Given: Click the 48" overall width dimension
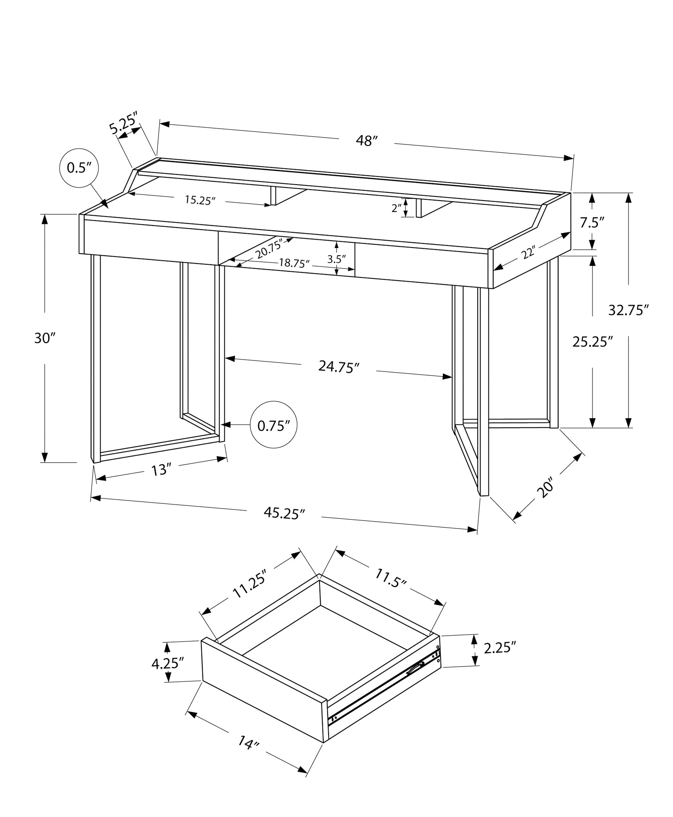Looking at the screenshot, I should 366,141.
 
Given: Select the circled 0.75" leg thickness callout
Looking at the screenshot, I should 273,426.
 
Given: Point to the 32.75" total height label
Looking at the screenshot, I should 628,310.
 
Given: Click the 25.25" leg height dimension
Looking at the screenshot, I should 593,342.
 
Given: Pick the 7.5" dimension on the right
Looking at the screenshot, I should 592,223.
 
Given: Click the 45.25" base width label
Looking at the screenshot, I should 284,513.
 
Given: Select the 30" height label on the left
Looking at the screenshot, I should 44,338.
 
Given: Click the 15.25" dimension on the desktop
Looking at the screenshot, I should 200,200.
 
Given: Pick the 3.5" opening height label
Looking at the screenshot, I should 336,259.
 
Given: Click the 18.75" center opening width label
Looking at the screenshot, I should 294,263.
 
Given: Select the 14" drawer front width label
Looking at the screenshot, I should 248,753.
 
